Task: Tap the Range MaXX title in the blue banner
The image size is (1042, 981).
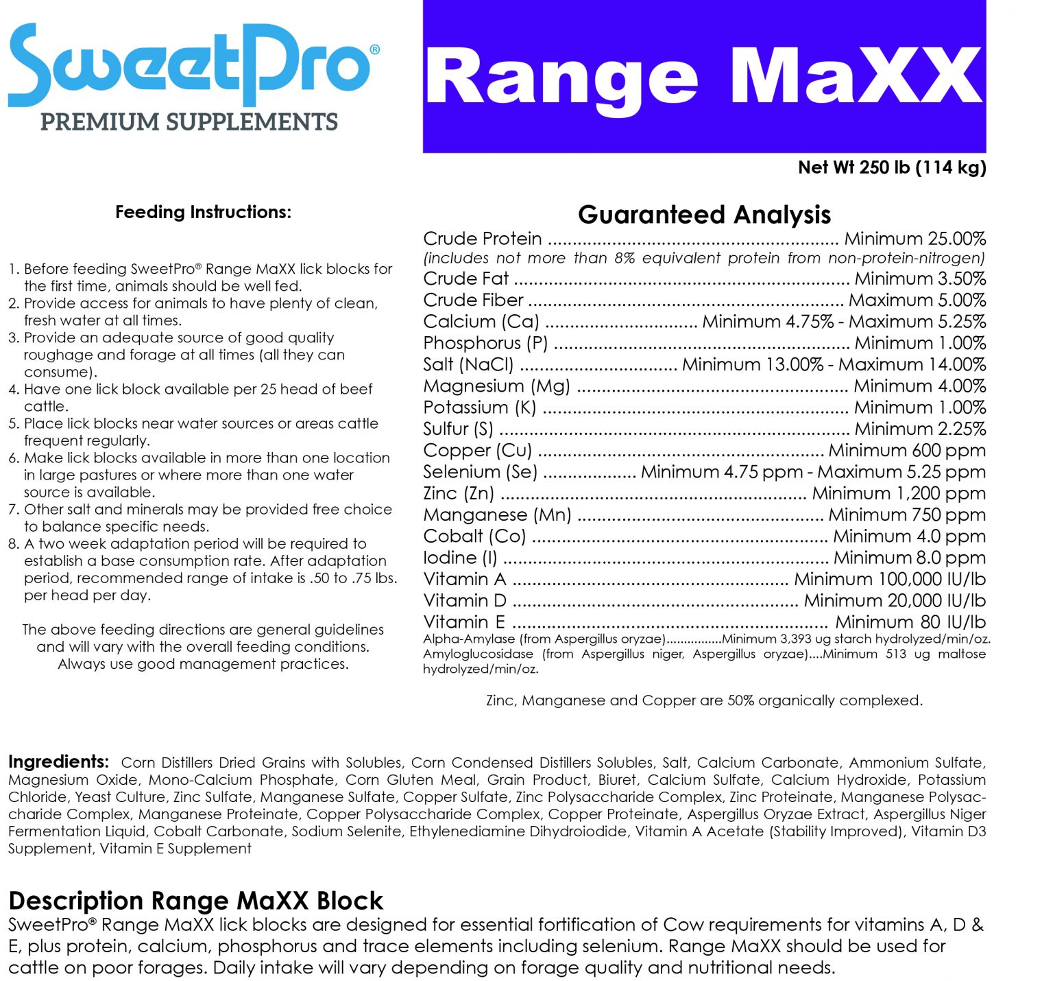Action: pyautogui.click(x=703, y=77)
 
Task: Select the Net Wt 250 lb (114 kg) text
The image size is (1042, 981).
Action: pyautogui.click(x=891, y=167)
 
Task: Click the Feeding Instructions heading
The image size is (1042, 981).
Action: pyautogui.click(x=203, y=212)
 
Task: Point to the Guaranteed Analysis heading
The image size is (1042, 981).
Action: pyautogui.click(x=704, y=215)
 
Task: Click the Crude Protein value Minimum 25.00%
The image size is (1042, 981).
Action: pyautogui.click(x=914, y=239)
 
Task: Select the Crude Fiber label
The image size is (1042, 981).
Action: pyautogui.click(x=473, y=300)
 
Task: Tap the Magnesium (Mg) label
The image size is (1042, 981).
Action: pyautogui.click(x=496, y=386)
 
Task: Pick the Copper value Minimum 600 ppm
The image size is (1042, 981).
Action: pyautogui.click(x=906, y=450)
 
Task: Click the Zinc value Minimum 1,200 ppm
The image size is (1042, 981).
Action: pyautogui.click(x=898, y=493)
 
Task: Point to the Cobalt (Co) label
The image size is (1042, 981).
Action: pyautogui.click(x=474, y=536)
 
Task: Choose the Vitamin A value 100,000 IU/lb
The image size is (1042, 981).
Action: pyautogui.click(x=889, y=579)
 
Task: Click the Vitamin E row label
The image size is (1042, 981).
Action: pyautogui.click(x=464, y=622)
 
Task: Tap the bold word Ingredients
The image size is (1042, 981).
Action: pyautogui.click(x=58, y=761)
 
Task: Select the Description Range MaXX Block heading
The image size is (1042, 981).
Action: pyautogui.click(x=195, y=900)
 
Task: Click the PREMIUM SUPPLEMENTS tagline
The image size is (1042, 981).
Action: pyautogui.click(x=189, y=122)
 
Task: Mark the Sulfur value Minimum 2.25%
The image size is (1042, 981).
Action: pyautogui.click(x=919, y=429)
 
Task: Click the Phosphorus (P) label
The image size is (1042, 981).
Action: pyautogui.click(x=485, y=343)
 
